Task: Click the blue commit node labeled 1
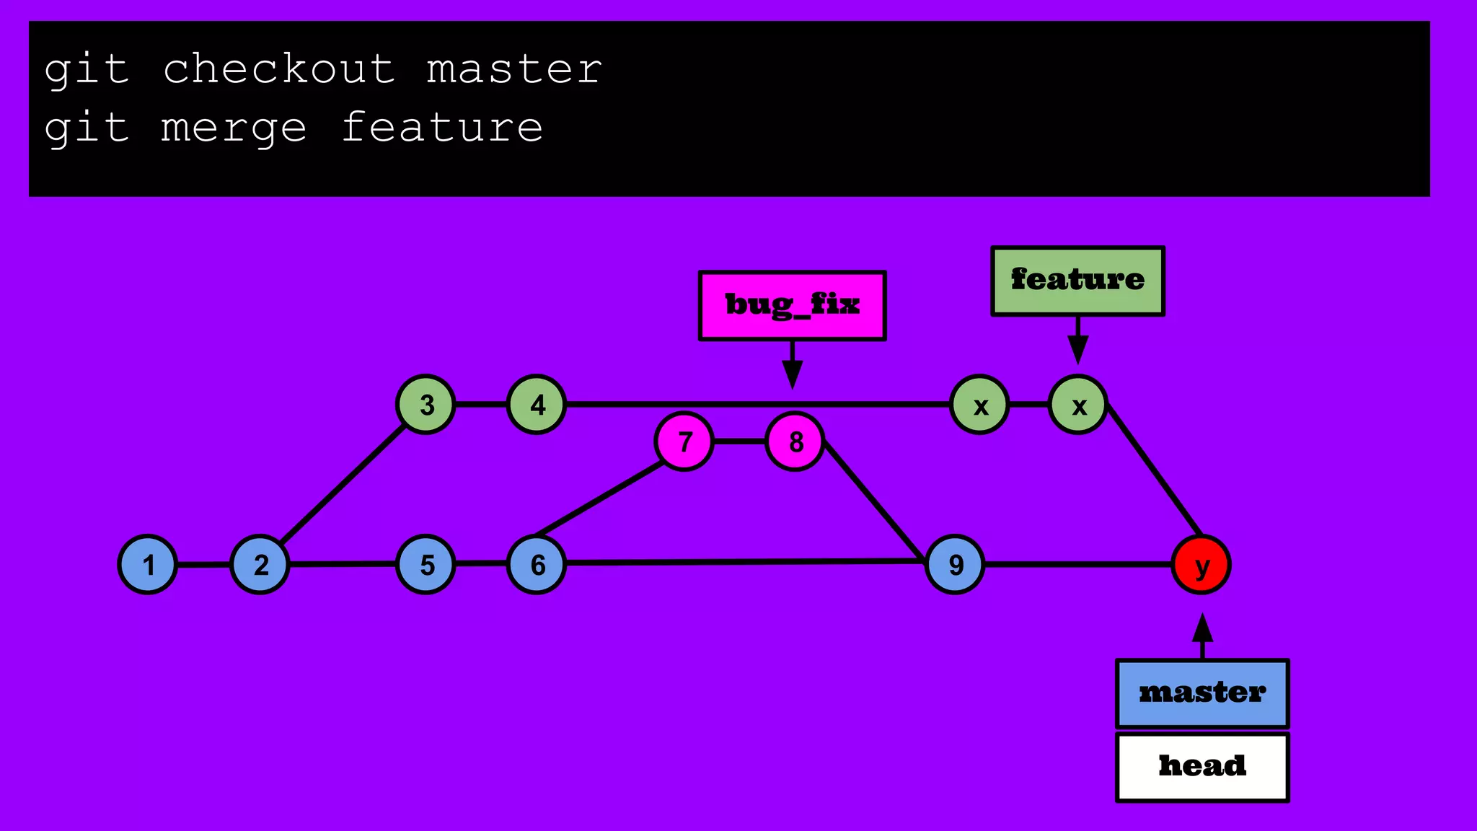click(148, 565)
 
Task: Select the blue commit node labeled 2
click(260, 565)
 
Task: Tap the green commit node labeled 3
click(426, 405)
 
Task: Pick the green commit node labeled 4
click(537, 405)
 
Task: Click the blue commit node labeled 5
click(426, 565)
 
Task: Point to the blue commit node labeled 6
click(537, 565)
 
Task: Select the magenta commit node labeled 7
click(684, 441)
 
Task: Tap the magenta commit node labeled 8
click(795, 441)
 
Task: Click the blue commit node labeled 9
click(955, 565)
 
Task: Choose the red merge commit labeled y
click(1202, 565)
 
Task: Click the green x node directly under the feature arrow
click(1078, 405)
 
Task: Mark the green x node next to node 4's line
click(980, 405)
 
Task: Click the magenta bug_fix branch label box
click(792, 305)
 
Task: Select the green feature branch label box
click(1077, 281)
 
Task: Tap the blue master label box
click(1202, 693)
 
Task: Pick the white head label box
click(1202, 767)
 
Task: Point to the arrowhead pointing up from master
click(1202, 628)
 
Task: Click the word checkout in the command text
click(279, 69)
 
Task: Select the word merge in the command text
click(234, 128)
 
